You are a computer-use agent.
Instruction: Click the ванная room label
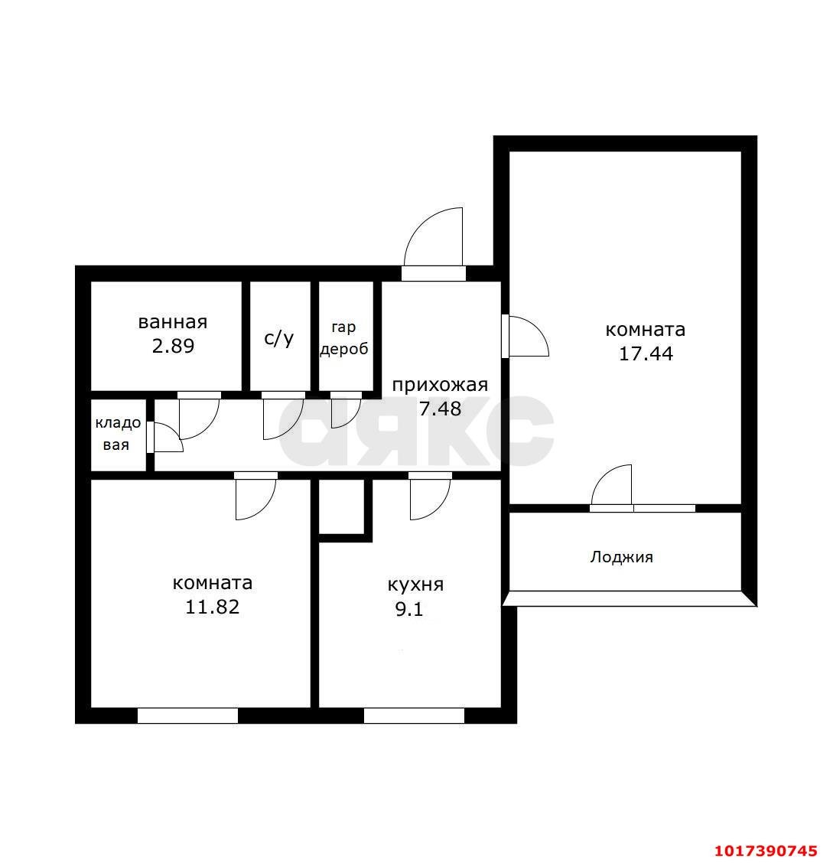pos(173,322)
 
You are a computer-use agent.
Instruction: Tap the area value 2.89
pos(174,346)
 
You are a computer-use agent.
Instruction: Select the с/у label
pos(279,337)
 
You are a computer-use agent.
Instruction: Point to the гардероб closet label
pos(344,338)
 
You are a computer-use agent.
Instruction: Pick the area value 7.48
pos(440,409)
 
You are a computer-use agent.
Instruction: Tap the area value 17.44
pos(646,353)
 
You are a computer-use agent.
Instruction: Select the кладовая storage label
pos(118,434)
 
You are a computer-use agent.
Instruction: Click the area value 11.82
pos(213,607)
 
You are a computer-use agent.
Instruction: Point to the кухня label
pos(415,585)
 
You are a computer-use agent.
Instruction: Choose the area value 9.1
pos(409,609)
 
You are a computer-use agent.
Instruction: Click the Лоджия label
pos(622,558)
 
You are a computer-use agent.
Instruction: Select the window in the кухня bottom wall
pos(415,715)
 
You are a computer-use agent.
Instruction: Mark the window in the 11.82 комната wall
pos(187,715)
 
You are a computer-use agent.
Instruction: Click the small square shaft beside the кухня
pos(342,506)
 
